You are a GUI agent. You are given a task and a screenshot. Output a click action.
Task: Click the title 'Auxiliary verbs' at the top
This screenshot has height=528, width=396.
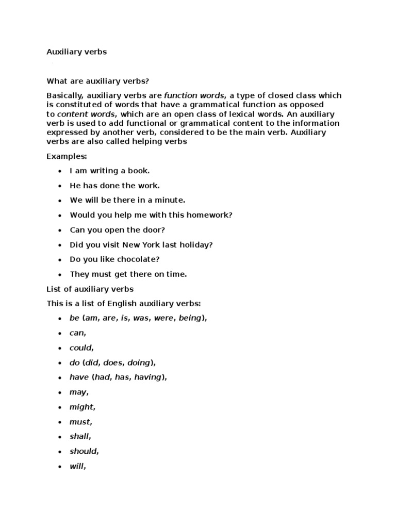pos(76,52)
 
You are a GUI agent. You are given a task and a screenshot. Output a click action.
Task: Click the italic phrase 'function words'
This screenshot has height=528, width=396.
pos(194,95)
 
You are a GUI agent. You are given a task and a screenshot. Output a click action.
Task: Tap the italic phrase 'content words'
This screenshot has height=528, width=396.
pos(87,114)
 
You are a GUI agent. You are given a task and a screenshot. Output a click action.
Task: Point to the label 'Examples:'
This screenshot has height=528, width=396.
pos(67,156)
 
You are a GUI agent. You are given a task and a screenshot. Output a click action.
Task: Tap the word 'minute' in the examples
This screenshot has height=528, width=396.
pos(170,200)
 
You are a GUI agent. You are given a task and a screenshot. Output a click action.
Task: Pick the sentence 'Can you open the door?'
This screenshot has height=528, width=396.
pos(118,230)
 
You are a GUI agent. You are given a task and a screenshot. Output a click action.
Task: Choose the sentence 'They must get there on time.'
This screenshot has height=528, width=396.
pos(128,274)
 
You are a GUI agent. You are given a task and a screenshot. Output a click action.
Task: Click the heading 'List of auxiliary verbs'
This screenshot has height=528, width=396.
pos(90,289)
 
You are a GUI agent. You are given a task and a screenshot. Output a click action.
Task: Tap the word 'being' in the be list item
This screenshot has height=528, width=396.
pos(190,318)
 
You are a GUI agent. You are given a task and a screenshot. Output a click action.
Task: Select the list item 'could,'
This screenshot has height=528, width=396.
pos(81,348)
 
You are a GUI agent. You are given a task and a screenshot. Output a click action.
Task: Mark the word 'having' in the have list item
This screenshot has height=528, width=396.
pos(148,377)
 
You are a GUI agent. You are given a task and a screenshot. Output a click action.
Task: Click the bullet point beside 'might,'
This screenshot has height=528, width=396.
pos(60,407)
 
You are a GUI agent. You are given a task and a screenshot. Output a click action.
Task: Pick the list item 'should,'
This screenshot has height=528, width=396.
pos(84,451)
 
